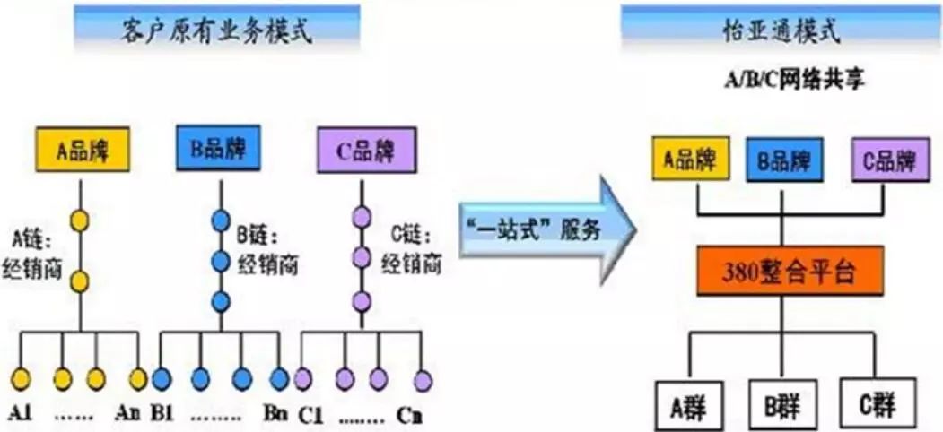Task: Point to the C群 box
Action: pos(878,401)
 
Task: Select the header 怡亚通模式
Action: pos(780,30)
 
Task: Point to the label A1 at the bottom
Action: pos(22,415)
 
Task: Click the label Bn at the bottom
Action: pos(275,415)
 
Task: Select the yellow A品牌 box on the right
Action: pos(688,160)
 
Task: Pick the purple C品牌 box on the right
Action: pos(889,160)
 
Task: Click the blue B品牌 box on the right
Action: pos(783,160)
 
